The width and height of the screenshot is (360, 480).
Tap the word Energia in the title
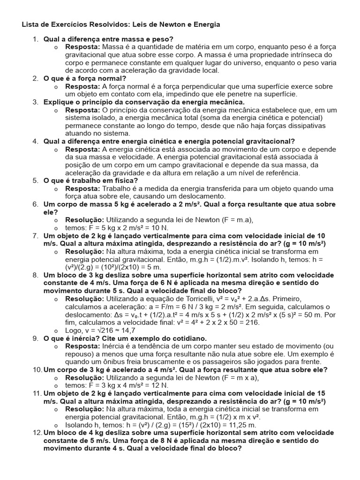206,23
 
